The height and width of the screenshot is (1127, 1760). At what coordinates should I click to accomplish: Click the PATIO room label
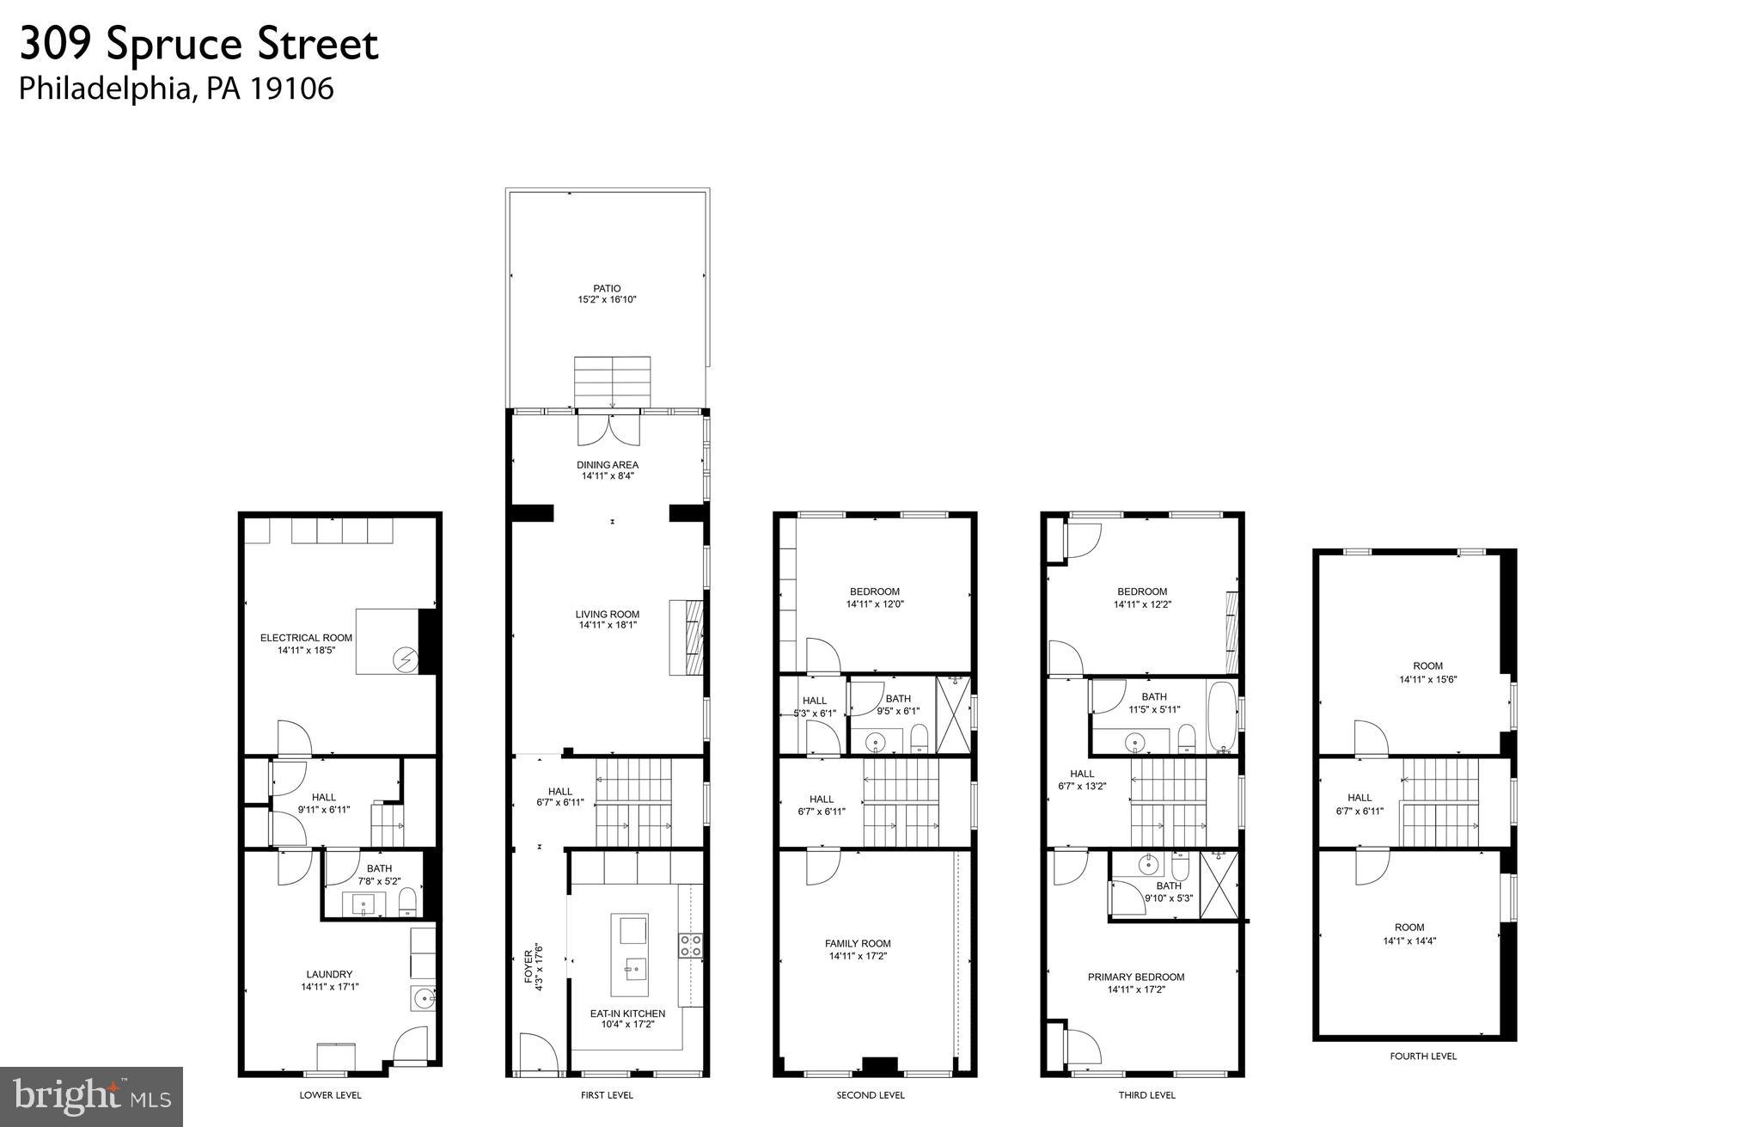[x=606, y=289]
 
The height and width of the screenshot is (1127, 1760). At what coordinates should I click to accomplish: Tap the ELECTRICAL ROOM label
[x=306, y=638]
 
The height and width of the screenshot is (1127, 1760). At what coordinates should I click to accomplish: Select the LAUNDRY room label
[x=329, y=974]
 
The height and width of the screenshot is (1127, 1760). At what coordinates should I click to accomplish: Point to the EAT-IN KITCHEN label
[x=627, y=1014]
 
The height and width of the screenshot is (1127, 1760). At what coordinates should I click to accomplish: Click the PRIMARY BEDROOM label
[x=1135, y=977]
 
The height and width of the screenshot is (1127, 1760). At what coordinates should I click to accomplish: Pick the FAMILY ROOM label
[x=858, y=943]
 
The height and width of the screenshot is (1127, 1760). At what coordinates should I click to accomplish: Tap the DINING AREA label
[x=608, y=465]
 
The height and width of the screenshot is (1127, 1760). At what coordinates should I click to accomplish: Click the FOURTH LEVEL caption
[x=1423, y=1056]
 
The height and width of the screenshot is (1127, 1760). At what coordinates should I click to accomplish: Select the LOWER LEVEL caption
[x=330, y=1094]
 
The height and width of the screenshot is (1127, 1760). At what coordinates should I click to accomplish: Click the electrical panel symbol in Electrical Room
[x=404, y=659]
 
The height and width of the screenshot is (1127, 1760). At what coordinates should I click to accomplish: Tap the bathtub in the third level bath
[x=1219, y=717]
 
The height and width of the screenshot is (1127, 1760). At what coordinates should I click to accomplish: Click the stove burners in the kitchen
[x=690, y=946]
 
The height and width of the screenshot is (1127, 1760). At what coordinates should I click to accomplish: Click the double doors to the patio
[x=609, y=429]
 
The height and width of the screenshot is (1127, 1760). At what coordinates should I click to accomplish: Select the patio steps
[x=612, y=381]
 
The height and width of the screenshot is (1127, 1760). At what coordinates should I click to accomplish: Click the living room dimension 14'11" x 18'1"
[x=608, y=625]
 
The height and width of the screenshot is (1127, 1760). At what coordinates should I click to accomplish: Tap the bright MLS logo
[x=91, y=1097]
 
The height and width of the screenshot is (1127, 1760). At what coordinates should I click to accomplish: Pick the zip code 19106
[x=291, y=89]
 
